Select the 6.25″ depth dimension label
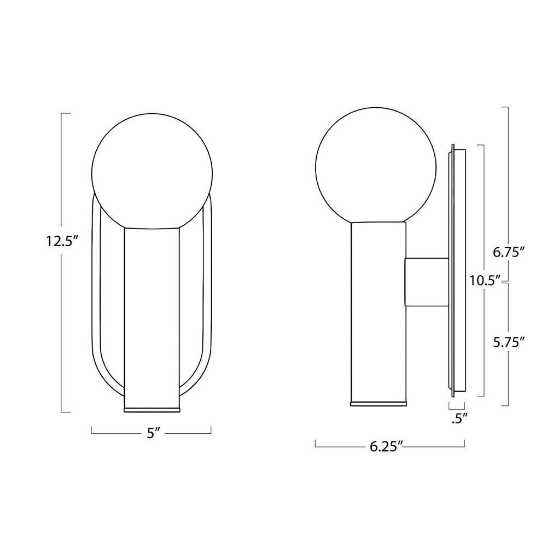[x=386, y=447]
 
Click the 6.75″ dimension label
[x=509, y=253]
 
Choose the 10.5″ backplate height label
[x=485, y=281]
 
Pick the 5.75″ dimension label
[x=509, y=341]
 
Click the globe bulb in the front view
[x=152, y=170]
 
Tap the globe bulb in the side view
[x=376, y=165]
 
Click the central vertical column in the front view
[x=152, y=317]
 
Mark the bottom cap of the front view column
[x=152, y=409]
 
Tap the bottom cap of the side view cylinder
[x=379, y=404]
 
